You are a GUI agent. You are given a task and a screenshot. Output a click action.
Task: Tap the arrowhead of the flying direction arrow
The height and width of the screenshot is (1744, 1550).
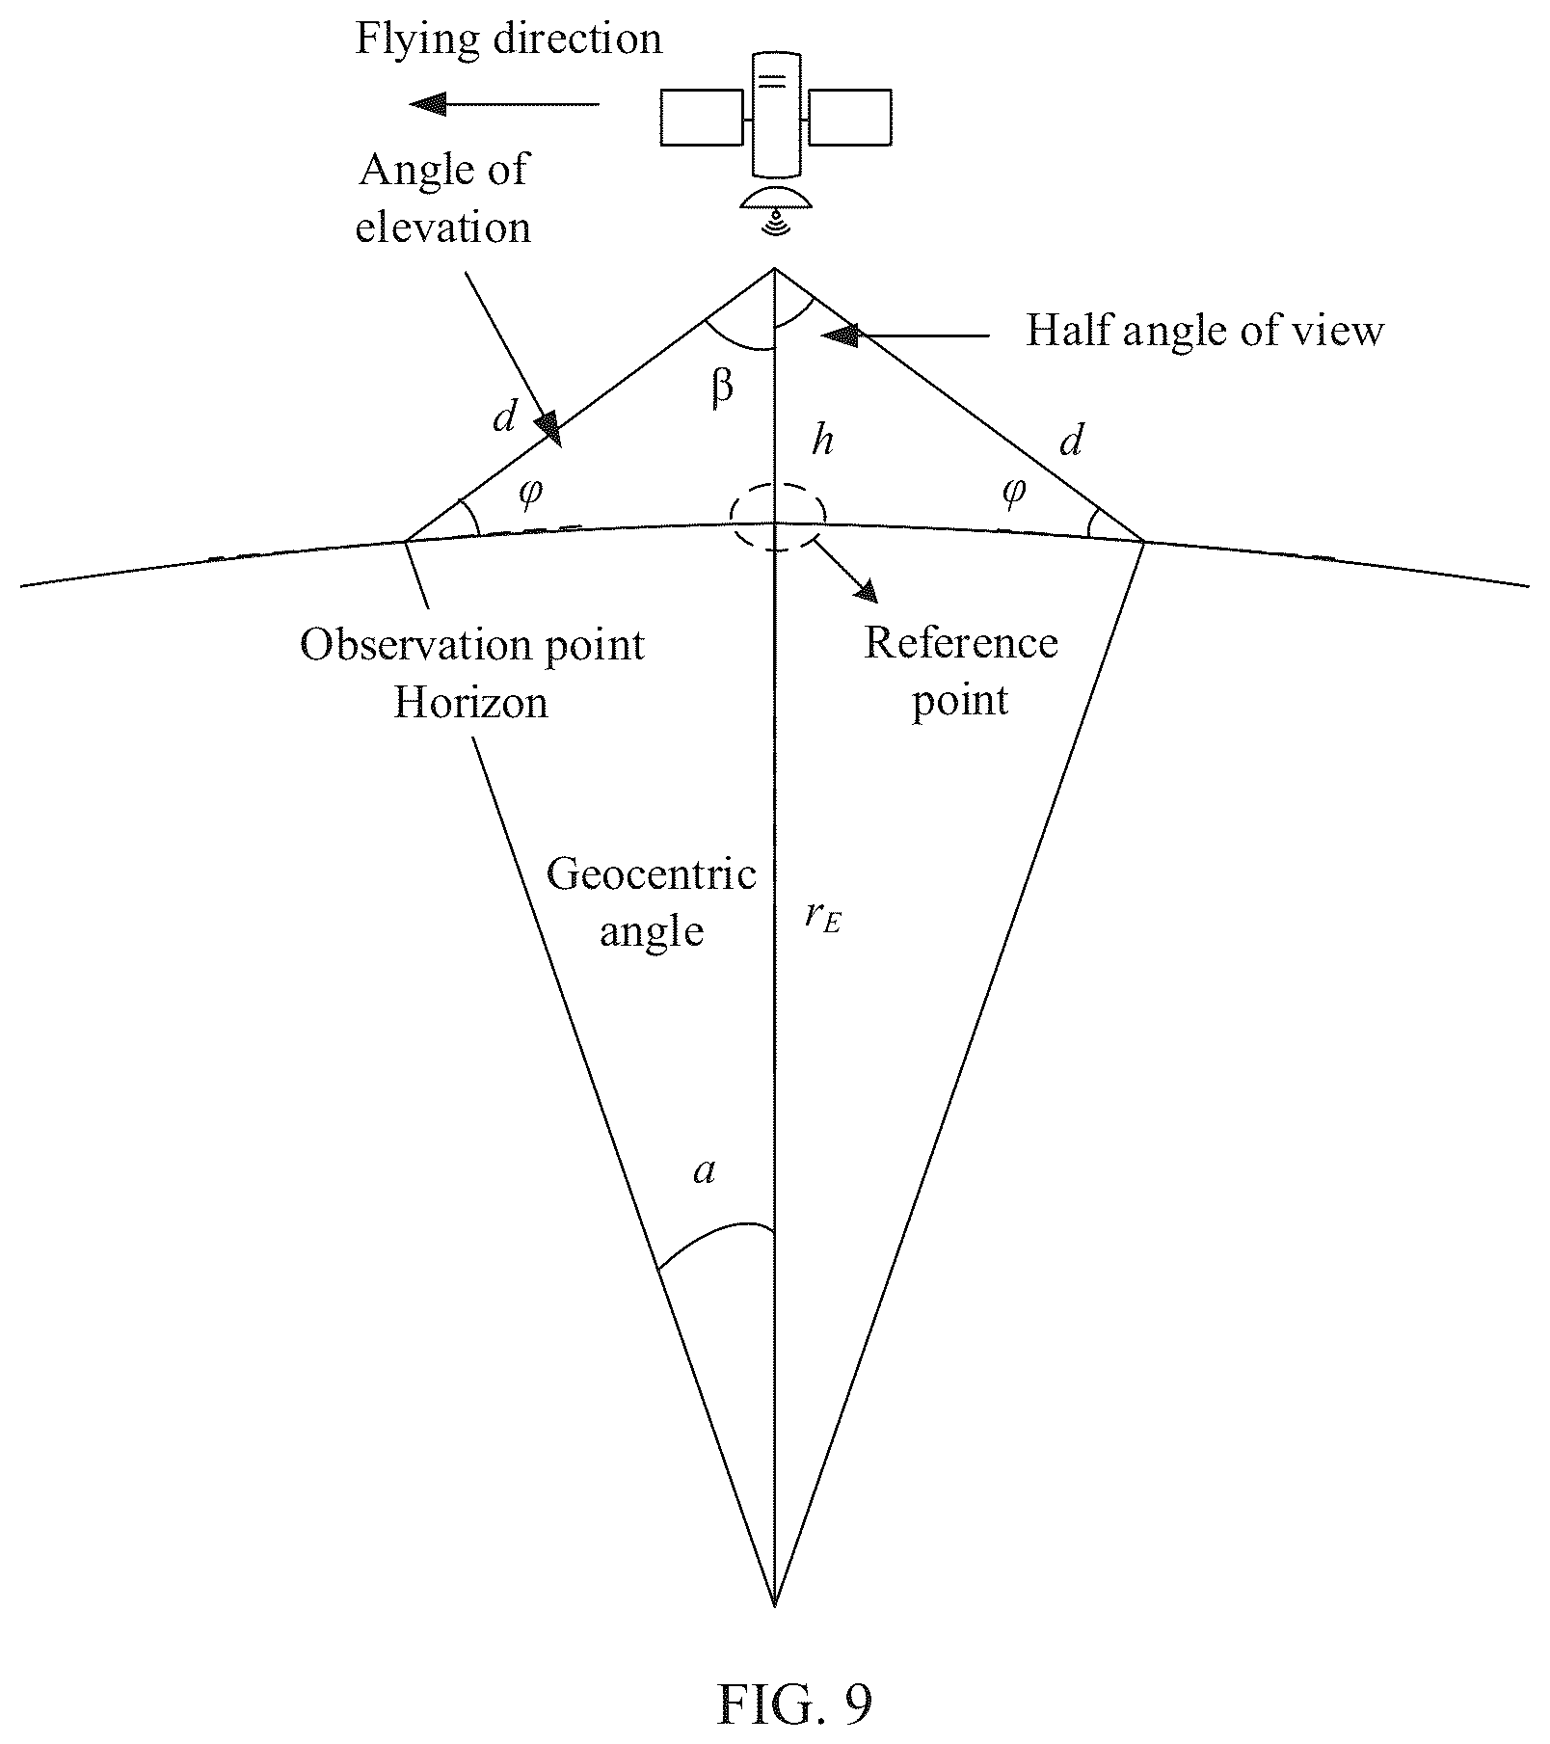428,103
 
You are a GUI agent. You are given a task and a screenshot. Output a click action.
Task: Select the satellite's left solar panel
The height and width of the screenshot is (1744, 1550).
702,118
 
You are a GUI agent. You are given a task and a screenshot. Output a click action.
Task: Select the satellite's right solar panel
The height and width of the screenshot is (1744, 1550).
849,118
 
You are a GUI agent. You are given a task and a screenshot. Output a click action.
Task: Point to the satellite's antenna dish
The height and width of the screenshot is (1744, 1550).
776,200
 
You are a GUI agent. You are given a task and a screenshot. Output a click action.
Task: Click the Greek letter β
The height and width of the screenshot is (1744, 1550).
722,387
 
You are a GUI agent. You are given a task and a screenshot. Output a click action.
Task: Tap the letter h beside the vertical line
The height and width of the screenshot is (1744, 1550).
822,441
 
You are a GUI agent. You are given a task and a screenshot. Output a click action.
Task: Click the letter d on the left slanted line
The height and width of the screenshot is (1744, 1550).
504,416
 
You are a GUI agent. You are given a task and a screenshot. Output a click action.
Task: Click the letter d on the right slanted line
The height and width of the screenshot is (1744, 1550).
1071,441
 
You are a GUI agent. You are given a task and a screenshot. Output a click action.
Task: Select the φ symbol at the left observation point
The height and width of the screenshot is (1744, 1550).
530,492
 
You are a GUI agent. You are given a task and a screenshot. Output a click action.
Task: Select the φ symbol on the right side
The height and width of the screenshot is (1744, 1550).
1014,492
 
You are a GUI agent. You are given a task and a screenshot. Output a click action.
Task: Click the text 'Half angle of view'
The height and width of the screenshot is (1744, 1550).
1205,331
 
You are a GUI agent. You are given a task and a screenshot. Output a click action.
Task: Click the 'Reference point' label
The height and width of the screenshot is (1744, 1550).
960,671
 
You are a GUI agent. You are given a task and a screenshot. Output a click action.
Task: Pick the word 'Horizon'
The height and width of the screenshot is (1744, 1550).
470,702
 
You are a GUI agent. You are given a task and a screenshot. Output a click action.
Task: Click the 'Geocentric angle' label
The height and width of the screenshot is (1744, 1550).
652,902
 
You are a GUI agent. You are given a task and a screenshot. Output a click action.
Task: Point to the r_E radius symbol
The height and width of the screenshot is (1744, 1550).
823,916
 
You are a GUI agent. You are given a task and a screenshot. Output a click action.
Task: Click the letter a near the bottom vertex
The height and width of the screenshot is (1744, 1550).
706,1171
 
